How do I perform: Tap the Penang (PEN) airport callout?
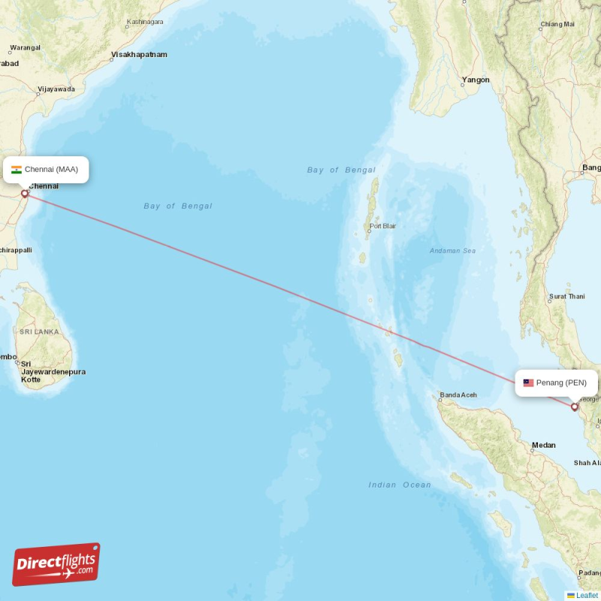[x=556, y=382]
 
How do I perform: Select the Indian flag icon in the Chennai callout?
[x=17, y=169]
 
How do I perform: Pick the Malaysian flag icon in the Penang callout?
[x=529, y=382]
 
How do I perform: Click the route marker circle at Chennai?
[x=25, y=194]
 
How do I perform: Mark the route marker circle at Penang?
[x=575, y=407]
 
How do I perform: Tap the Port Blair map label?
[x=382, y=226]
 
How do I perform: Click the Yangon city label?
[x=476, y=80]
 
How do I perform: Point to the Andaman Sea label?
[x=452, y=251]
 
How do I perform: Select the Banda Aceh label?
[x=458, y=395]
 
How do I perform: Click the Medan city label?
[x=544, y=445]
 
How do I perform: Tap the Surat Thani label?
[x=567, y=297]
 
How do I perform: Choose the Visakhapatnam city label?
[x=139, y=55]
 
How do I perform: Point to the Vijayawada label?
[x=56, y=89]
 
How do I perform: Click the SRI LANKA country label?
[x=39, y=331]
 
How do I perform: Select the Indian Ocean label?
[x=400, y=485]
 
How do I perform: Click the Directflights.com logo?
[x=56, y=565]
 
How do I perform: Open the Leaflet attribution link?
[x=587, y=596]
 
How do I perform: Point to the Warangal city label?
[x=25, y=48]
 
